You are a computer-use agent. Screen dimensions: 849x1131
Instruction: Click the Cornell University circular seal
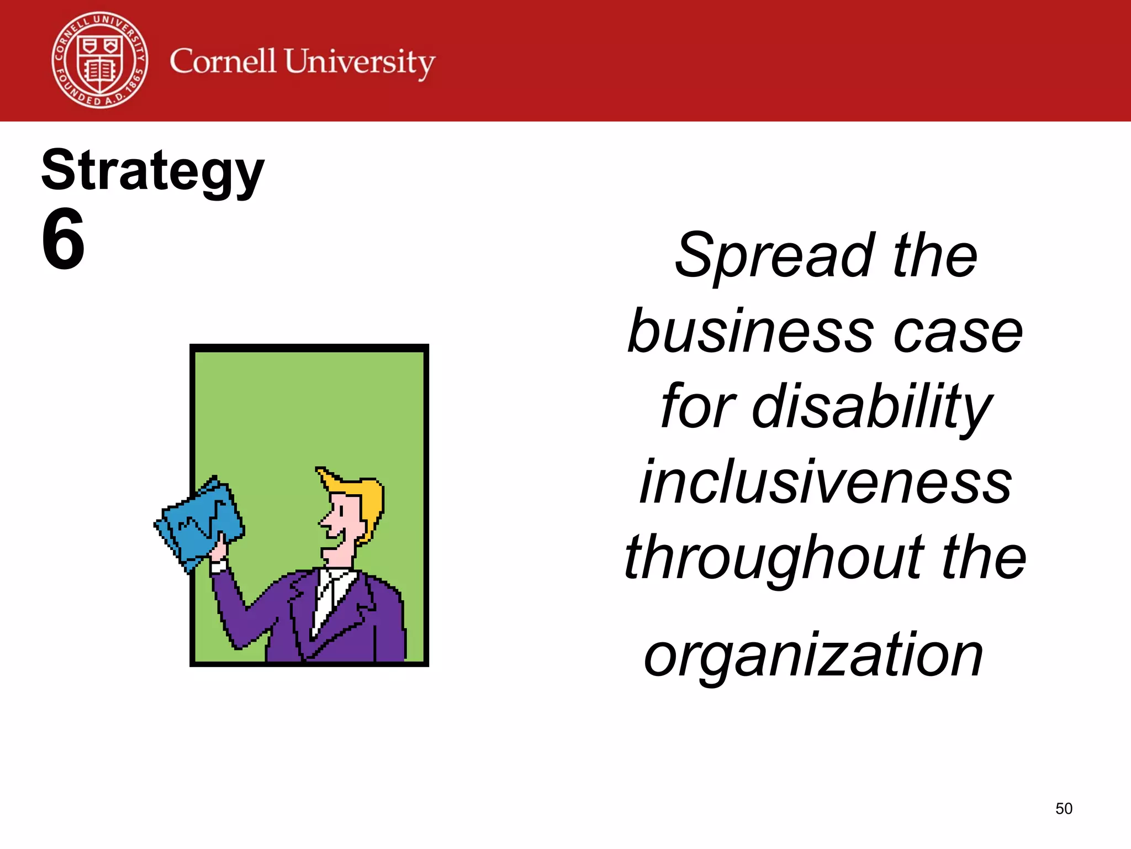100,60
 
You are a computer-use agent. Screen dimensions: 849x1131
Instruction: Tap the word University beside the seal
360,62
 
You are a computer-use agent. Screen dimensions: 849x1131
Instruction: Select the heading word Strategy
153,171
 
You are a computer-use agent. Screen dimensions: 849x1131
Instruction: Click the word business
751,332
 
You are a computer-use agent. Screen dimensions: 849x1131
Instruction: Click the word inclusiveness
826,483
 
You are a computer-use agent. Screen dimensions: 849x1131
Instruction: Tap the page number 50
1064,809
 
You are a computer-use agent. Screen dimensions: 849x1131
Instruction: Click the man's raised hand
219,550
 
